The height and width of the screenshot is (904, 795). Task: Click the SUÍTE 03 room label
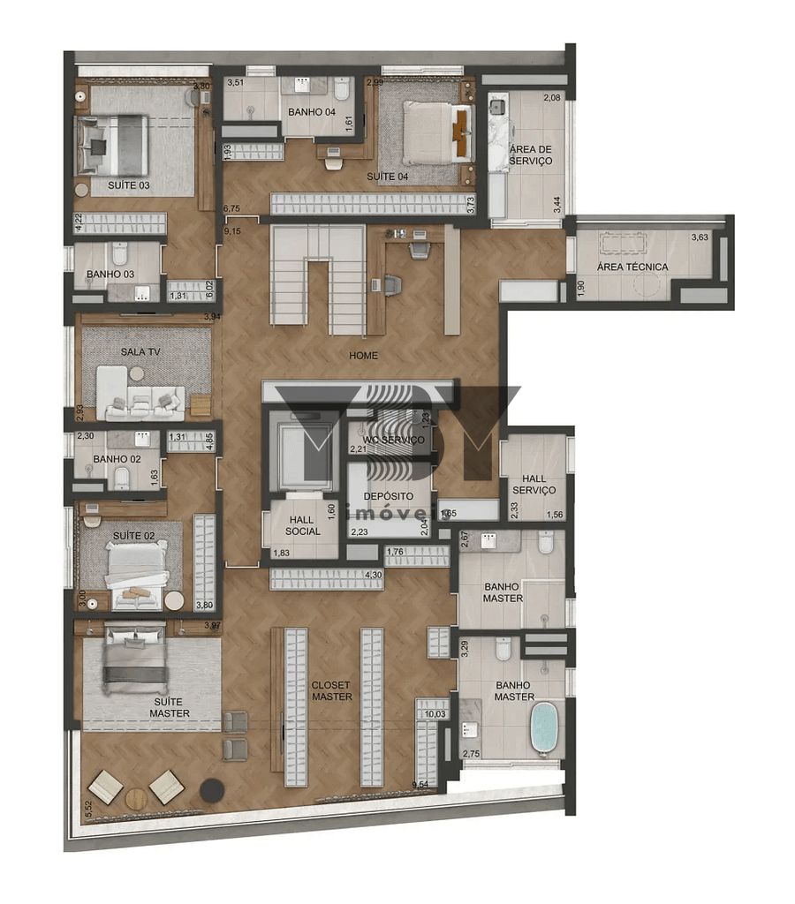(128, 185)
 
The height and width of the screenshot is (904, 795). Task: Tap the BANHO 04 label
(311, 111)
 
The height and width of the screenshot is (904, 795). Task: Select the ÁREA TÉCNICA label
(632, 267)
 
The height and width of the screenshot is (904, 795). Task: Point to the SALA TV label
(140, 351)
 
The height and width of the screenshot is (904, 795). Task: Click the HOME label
(363, 356)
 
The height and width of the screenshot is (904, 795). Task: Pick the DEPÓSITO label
(388, 496)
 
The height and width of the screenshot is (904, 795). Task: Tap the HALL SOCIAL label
(303, 525)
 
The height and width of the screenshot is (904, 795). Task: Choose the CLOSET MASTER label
(331, 690)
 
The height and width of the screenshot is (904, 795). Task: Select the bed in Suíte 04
(428, 132)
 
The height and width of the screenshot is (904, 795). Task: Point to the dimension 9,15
(232, 230)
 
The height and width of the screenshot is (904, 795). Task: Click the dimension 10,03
(435, 714)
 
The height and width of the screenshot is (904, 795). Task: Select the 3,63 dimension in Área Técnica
(699, 237)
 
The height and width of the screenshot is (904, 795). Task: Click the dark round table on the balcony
(211, 790)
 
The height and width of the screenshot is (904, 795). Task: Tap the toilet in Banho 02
(122, 478)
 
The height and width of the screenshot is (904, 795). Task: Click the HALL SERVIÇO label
(534, 484)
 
